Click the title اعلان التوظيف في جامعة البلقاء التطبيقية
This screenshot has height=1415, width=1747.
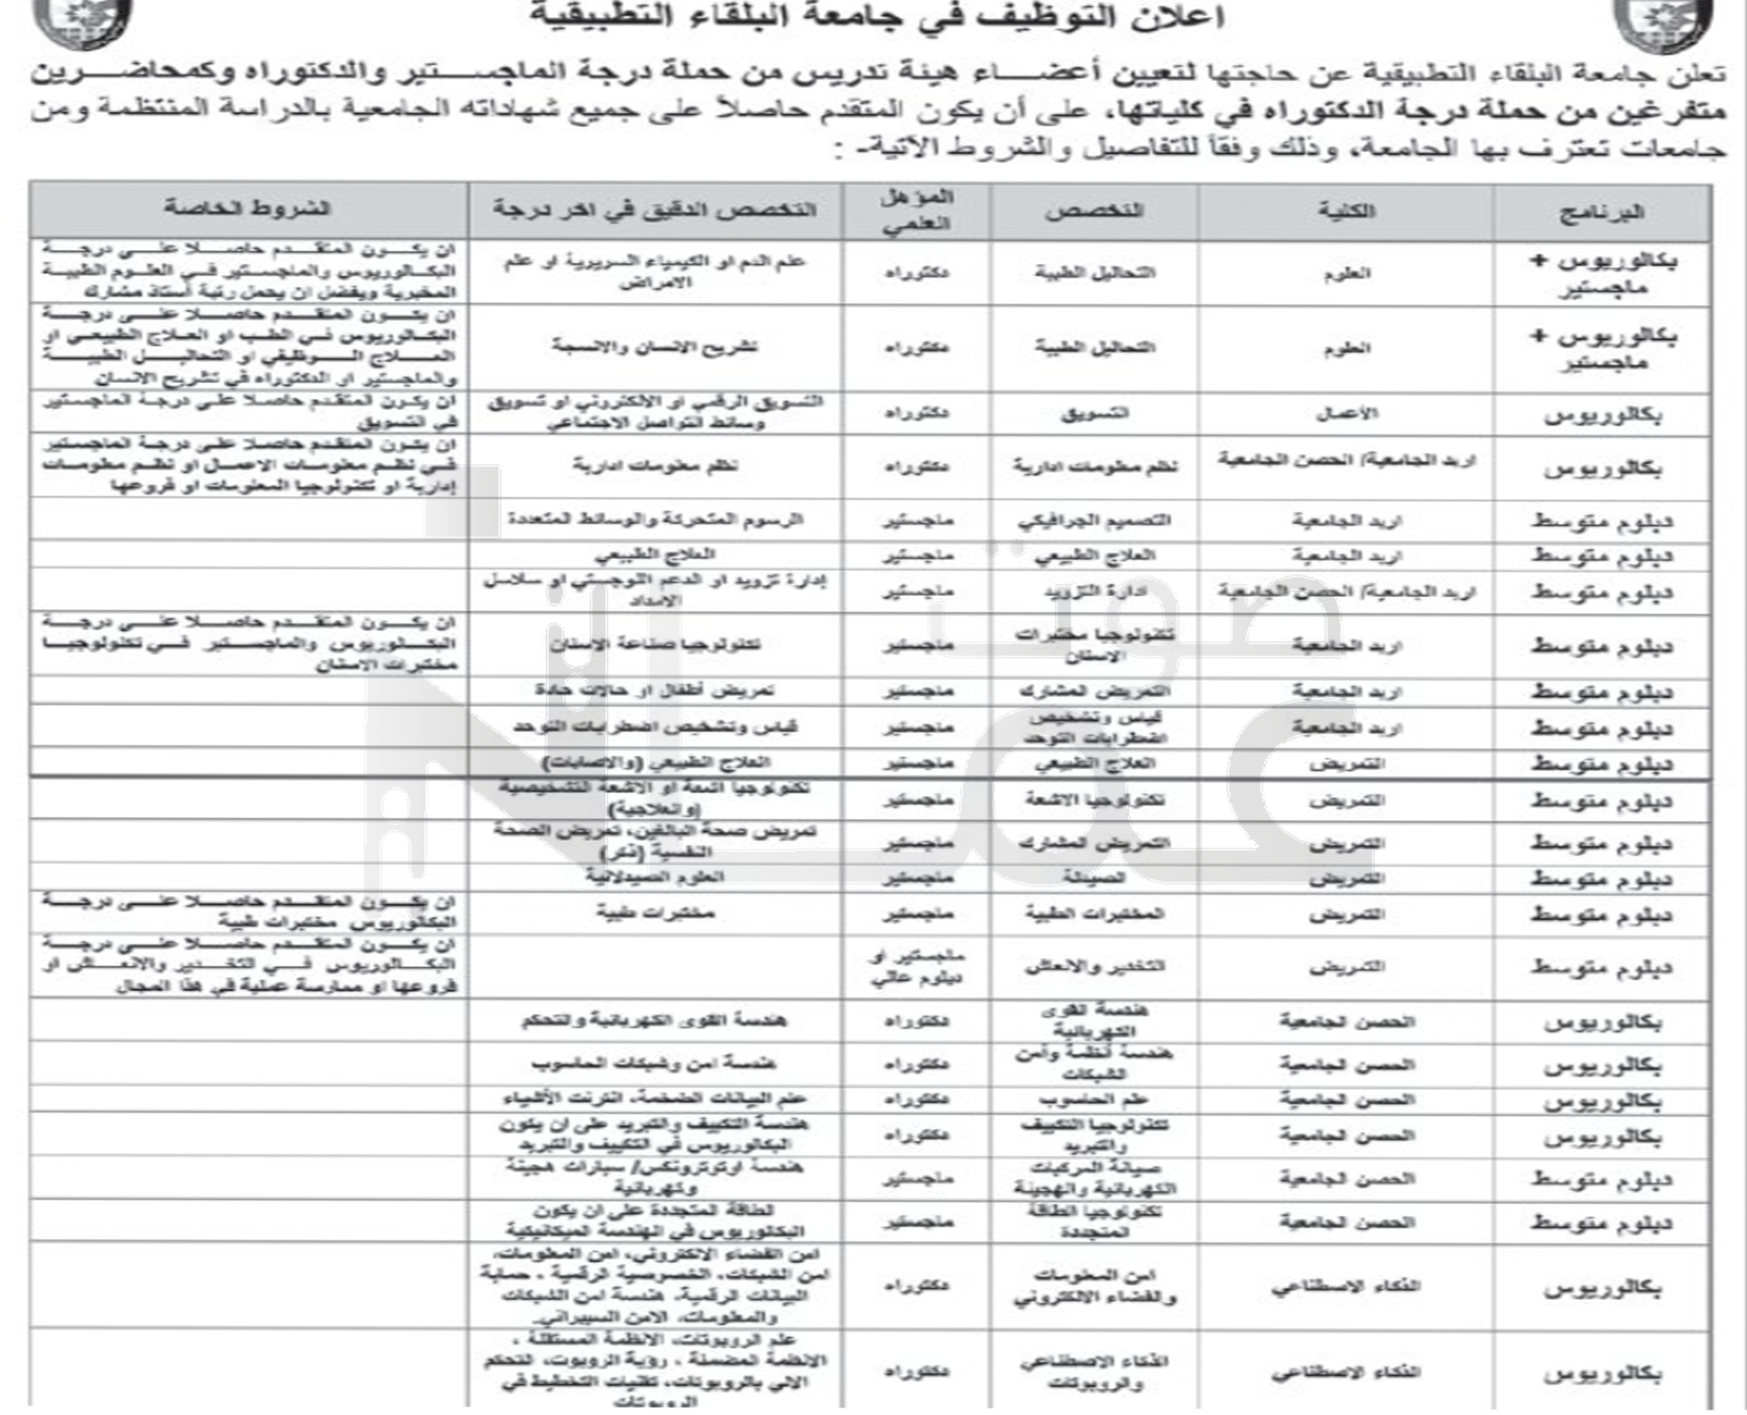(876, 16)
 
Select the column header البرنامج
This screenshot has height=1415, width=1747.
(1602, 212)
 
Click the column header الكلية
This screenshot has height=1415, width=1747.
(1346, 211)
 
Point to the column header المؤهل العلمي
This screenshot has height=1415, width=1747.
(917, 210)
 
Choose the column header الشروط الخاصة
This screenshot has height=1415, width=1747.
(248, 209)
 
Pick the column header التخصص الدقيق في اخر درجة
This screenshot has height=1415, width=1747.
(655, 210)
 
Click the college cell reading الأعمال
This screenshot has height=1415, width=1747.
(1346, 413)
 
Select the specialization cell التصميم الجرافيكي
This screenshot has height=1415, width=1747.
(1094, 520)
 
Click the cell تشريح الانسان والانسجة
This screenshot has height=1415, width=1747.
(655, 346)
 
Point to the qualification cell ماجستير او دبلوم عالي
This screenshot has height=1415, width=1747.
(917, 967)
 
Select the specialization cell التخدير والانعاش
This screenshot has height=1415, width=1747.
(1094, 967)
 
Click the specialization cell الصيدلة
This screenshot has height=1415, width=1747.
(1094, 878)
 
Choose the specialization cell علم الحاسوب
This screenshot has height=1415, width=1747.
(1094, 1100)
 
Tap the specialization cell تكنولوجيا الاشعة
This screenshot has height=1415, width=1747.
(1094, 800)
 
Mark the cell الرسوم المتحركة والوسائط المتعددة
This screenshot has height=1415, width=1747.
(655, 520)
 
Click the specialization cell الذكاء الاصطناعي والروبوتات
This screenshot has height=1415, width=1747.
(1094, 1372)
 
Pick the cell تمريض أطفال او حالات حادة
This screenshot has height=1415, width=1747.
(655, 691)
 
